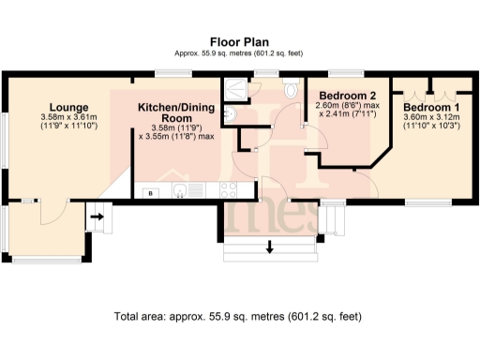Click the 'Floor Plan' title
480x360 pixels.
click(239, 41)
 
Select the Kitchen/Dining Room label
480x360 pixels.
click(176, 113)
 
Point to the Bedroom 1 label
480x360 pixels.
click(431, 107)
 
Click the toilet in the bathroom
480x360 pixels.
click(288, 89)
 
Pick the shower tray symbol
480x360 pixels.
click(234, 88)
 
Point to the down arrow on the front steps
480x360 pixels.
click(270, 247)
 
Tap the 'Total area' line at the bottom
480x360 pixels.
click(239, 316)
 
